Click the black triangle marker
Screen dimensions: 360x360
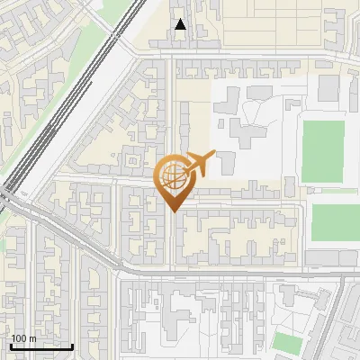(181, 25)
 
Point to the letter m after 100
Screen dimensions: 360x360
(31, 338)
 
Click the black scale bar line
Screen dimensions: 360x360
(41, 346)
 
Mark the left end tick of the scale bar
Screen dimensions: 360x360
(10, 345)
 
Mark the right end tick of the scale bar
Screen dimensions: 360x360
(73, 345)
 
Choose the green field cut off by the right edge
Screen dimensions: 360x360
(335, 223)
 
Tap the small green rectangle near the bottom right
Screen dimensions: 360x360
(287, 342)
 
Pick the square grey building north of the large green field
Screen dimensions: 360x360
(328, 87)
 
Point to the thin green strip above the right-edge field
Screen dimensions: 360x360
(337, 191)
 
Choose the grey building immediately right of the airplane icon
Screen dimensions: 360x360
(226, 163)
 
